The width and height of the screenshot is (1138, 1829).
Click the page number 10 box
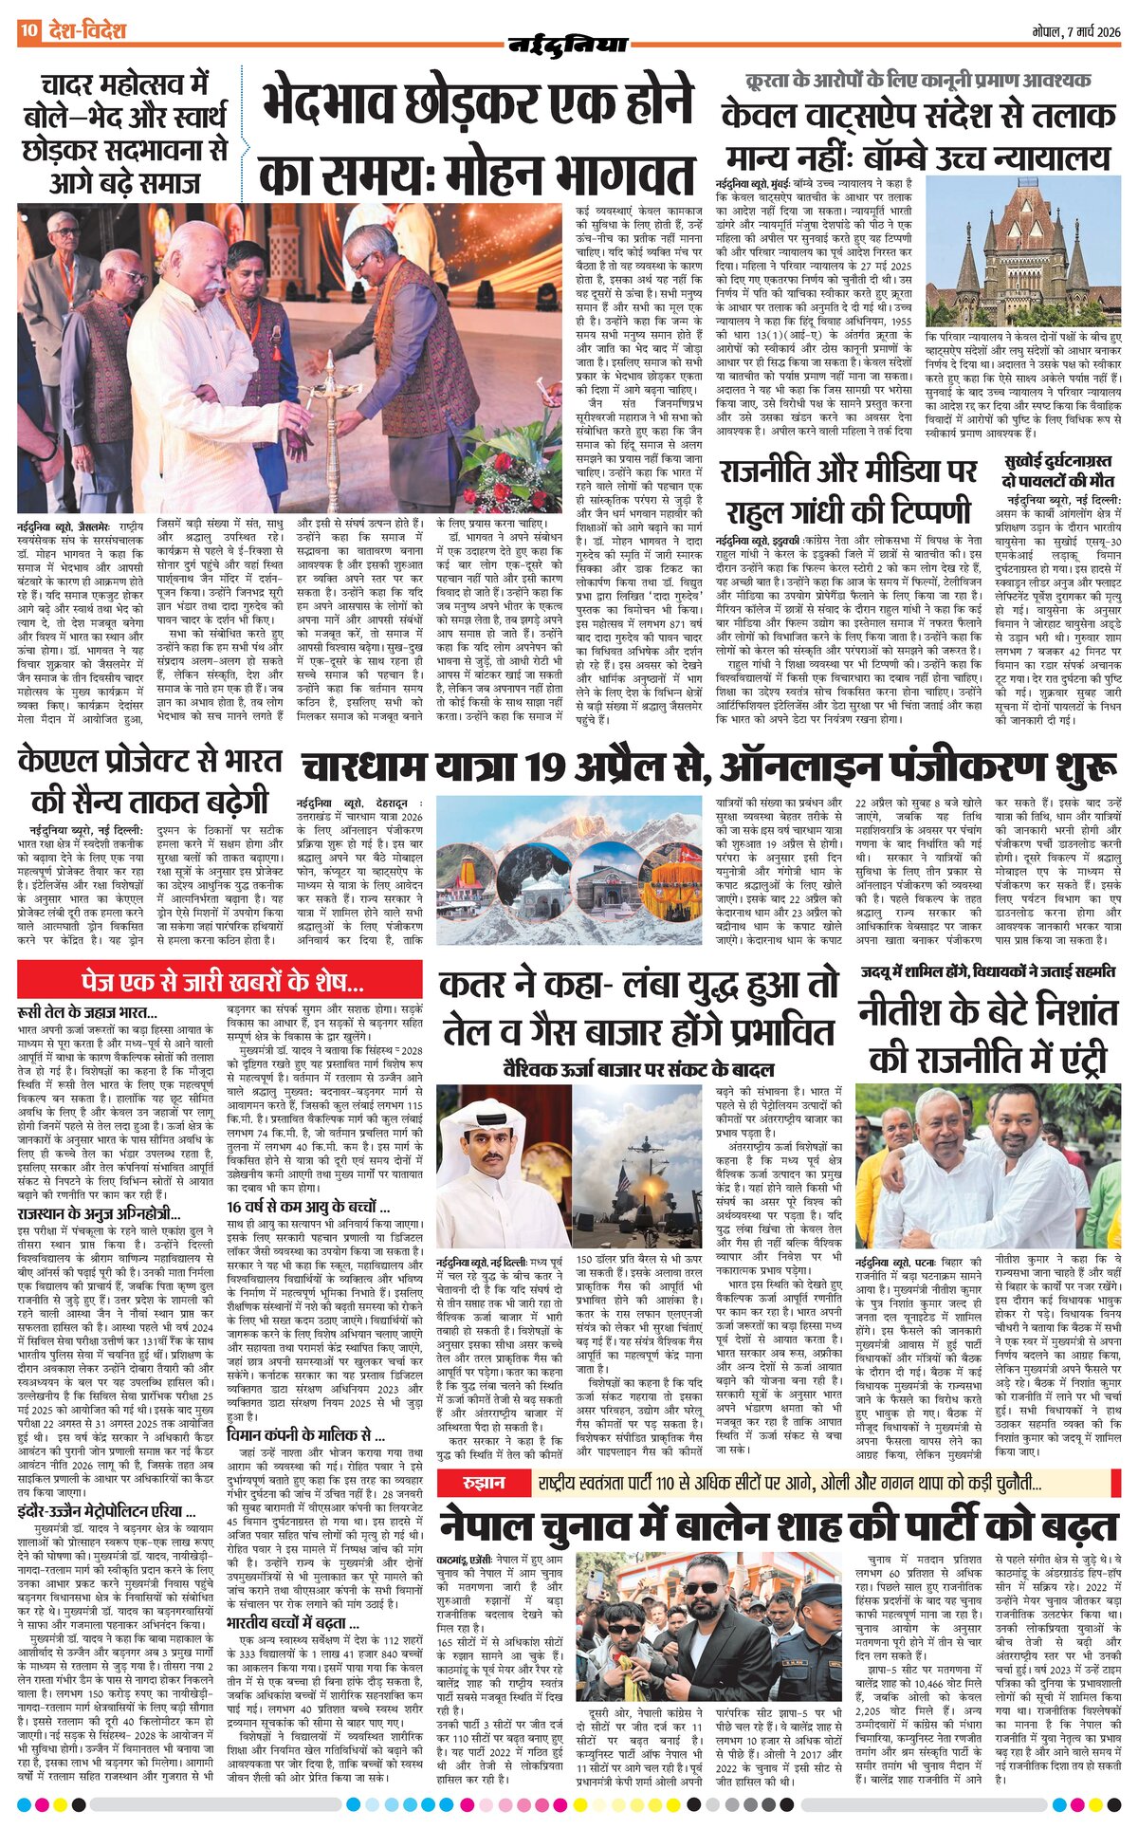pos(28,31)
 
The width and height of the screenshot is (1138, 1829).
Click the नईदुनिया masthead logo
pos(568,44)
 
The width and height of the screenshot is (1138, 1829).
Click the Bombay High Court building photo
pos(1023,251)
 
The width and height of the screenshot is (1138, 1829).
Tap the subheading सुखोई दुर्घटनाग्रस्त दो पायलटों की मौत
pos(1059,471)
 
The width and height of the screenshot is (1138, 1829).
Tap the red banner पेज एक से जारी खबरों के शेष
pos(220,979)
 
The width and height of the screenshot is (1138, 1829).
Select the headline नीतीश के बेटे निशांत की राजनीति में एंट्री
pos(987,1034)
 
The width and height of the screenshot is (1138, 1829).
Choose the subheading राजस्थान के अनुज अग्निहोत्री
pos(99,1213)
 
